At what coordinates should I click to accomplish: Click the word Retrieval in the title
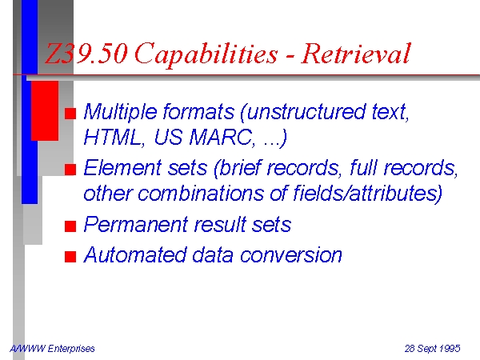click(x=356, y=54)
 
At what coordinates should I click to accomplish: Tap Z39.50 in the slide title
click(x=86, y=54)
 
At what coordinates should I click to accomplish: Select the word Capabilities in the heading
click(x=206, y=54)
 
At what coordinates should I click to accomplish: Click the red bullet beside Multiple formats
click(x=70, y=114)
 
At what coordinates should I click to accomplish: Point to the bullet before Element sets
click(x=70, y=170)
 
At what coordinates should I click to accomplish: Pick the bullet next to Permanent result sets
click(x=70, y=226)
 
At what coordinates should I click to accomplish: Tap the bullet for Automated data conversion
click(x=70, y=257)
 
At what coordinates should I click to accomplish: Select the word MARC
click(x=222, y=137)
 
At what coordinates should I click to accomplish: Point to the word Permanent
click(x=135, y=224)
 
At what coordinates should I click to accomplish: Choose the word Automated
click(x=135, y=254)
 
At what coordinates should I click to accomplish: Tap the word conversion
click(x=291, y=255)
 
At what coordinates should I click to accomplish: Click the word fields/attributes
click(x=368, y=193)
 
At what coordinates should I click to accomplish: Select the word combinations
click(x=200, y=193)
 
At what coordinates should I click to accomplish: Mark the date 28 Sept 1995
click(x=432, y=349)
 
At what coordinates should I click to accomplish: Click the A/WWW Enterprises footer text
click(x=52, y=349)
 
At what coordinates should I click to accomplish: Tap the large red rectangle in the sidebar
click(x=45, y=111)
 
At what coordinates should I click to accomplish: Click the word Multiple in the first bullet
click(x=120, y=112)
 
